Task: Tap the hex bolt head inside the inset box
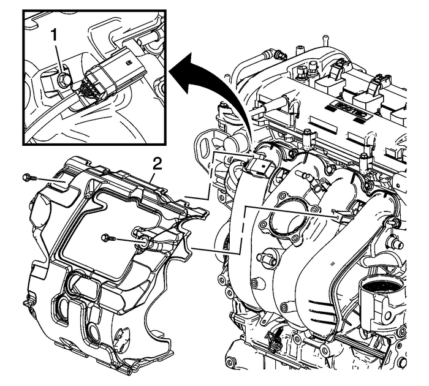(x=63, y=78)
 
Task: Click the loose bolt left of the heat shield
(x=26, y=178)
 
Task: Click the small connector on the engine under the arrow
(x=260, y=165)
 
